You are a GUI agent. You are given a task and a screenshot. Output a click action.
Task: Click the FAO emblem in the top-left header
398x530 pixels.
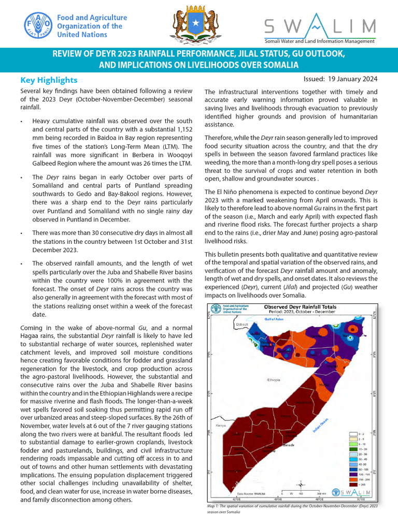pos(37,26)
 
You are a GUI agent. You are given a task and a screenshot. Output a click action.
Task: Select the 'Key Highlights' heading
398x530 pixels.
pos(49,80)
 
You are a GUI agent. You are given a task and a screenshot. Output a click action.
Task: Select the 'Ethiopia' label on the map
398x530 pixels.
pos(274,380)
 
